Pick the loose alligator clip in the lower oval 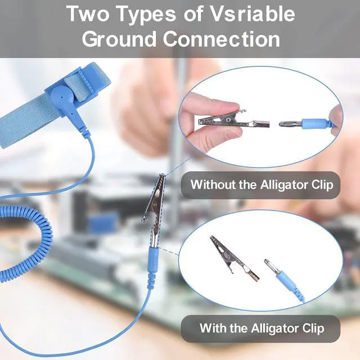coord(234,258)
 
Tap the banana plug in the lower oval coord(283,280)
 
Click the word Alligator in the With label coord(275,328)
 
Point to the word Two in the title coord(89,13)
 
